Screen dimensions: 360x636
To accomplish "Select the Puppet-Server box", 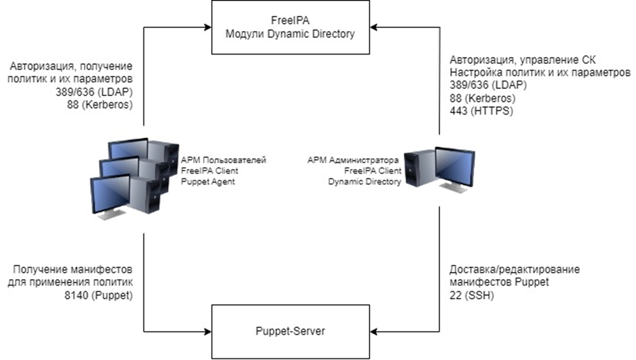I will (x=290, y=331).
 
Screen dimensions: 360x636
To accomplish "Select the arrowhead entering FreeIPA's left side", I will (x=208, y=26).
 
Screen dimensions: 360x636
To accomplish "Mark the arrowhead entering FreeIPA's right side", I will (x=373, y=26).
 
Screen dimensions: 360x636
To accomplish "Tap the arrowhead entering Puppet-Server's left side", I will (x=208, y=331).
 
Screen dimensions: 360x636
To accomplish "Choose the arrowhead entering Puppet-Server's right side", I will (x=373, y=331).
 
